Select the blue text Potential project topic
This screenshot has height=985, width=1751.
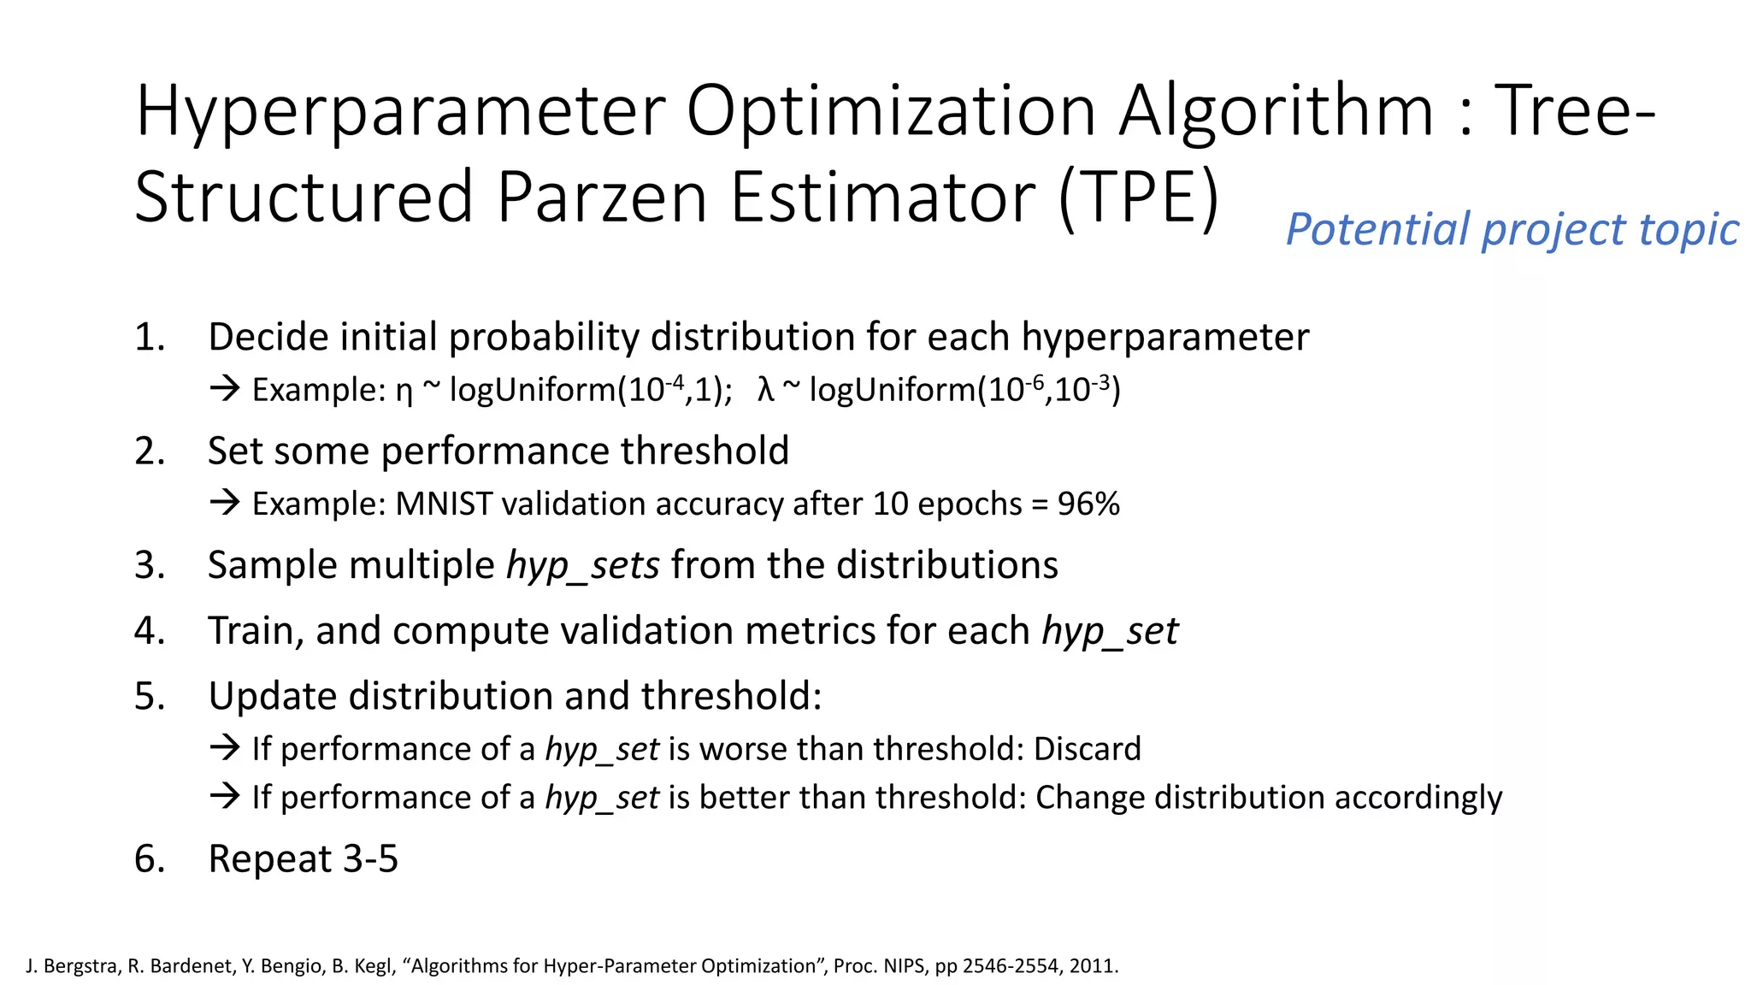click(x=1512, y=229)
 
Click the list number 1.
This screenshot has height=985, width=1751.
click(x=149, y=337)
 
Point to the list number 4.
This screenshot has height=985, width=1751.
click(x=149, y=631)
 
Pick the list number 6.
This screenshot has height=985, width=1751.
click(x=149, y=858)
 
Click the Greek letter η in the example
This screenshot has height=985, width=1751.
click(x=404, y=392)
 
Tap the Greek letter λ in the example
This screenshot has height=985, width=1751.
click(x=765, y=390)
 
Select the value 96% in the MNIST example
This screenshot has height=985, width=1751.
click(x=1088, y=504)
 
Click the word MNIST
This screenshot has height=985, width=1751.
click(x=443, y=504)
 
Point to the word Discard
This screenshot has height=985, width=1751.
click(x=1087, y=749)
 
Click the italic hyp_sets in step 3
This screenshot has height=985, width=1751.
click(x=582, y=566)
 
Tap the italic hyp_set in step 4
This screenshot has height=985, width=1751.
click(x=1109, y=632)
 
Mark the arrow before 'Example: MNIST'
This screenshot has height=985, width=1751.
click(x=225, y=503)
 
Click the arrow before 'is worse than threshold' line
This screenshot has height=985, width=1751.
click(x=225, y=748)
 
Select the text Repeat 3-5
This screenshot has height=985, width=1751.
click(x=303, y=858)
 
